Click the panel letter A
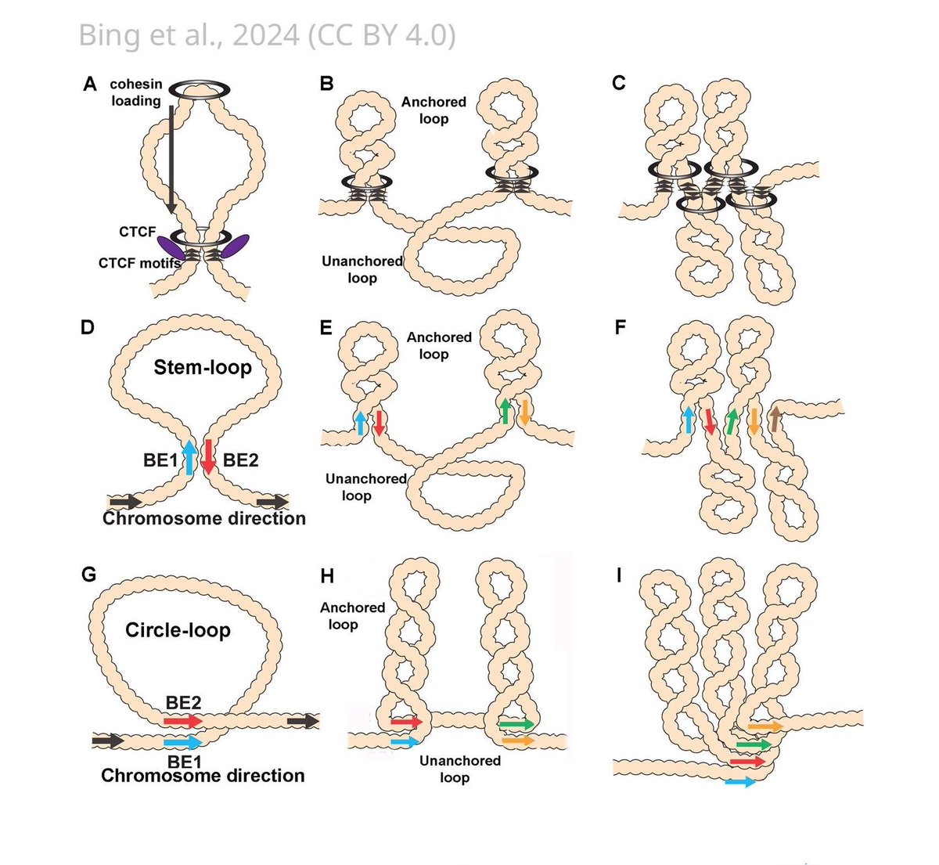(90, 84)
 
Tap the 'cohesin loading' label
(135, 92)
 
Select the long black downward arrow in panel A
(170, 157)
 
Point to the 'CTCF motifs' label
(139, 263)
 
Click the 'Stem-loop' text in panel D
(203, 367)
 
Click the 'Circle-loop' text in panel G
(178, 630)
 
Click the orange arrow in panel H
(517, 740)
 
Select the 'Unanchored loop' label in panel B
(362, 269)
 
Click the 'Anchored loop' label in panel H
(352, 615)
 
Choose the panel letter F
(621, 327)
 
